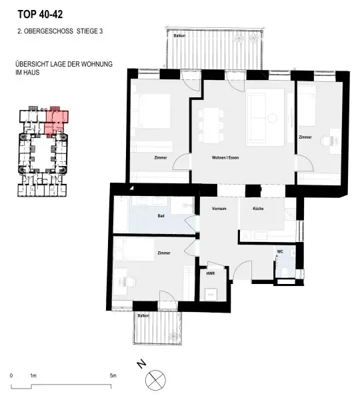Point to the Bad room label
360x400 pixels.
click(161, 216)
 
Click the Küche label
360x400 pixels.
click(258, 209)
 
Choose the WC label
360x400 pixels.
click(280, 251)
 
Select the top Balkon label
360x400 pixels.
click(179, 36)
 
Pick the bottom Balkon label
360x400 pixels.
click(143, 315)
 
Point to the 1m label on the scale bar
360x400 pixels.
click(33, 376)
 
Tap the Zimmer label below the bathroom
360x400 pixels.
click(163, 253)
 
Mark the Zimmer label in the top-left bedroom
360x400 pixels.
click(160, 157)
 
